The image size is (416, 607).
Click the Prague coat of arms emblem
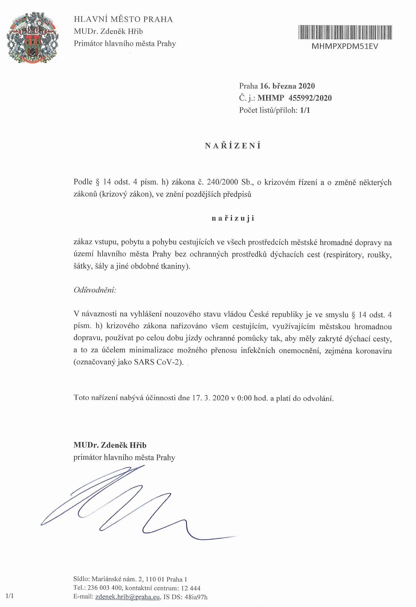pos(32,37)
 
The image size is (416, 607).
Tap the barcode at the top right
pos(345,32)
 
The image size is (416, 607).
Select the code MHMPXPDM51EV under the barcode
pos(345,46)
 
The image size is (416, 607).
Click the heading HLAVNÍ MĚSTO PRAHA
pos(123,19)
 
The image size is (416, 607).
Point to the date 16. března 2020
pos(287,86)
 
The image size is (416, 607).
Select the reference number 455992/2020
pos(310,98)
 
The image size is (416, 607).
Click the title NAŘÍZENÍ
pos(233,146)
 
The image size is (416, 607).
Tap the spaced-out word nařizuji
pos(233,218)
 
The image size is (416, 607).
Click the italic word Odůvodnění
pos(95,290)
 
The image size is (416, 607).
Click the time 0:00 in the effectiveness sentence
pos(244,398)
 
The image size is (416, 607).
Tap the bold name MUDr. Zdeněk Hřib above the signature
pos(110,445)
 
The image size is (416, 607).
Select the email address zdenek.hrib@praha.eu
pos(128,597)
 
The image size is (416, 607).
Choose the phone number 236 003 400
pos(104,588)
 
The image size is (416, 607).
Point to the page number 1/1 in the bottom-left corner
pos(10,596)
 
